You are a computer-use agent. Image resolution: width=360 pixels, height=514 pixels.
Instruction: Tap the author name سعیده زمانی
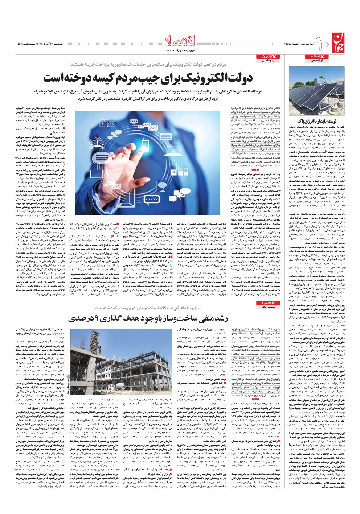267,317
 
